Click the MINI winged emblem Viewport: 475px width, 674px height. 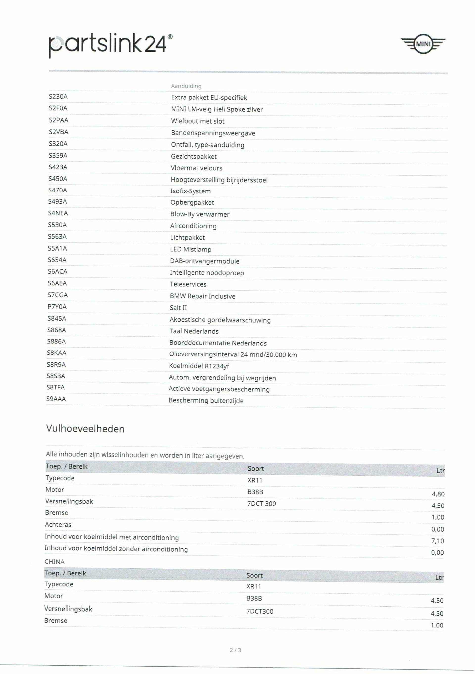pos(423,44)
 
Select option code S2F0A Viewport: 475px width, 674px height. pos(58,108)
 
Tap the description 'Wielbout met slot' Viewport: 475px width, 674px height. pos(198,121)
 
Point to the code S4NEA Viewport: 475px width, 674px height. pos(58,213)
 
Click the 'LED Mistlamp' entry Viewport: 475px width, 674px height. pos(190,249)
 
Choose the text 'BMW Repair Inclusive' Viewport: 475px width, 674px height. pos(202,296)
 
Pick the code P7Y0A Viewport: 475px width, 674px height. pos(57,307)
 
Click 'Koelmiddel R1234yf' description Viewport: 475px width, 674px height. pos(199,366)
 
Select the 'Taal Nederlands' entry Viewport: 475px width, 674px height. pos(194,331)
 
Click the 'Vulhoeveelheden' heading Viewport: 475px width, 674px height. pos(85,429)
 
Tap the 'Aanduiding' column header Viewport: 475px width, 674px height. pos(186,86)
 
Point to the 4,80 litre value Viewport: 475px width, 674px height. pos(438,494)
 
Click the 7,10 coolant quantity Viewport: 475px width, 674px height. pos(437,541)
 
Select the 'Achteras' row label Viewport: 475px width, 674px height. pos(58,525)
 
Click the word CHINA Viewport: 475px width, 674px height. pos(54,561)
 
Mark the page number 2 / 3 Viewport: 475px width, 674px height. pos(235,650)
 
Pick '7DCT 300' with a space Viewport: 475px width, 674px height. pos(261,504)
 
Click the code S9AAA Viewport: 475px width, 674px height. pos(56,399)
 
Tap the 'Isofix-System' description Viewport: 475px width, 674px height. pos(190,191)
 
